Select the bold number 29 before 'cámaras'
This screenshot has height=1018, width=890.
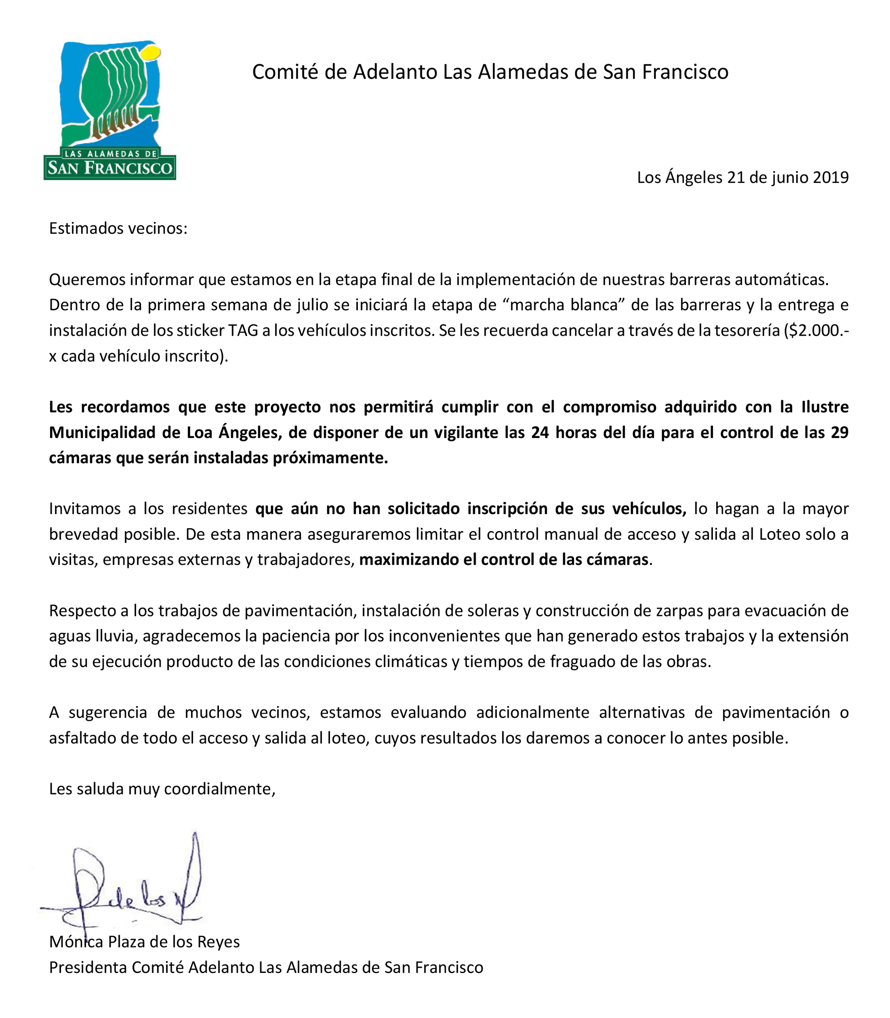coord(839,432)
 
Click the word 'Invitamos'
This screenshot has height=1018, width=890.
coord(84,509)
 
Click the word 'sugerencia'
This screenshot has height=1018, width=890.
coord(108,713)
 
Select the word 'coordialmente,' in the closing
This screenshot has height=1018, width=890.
coord(219,789)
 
